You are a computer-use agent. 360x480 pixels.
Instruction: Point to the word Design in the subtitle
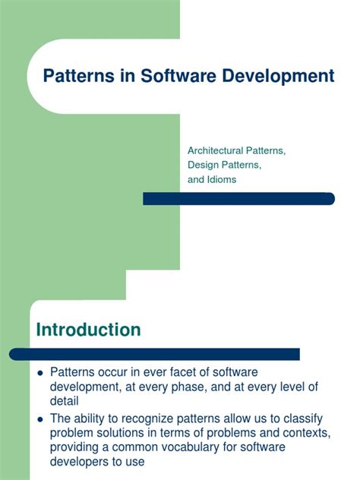tap(202, 165)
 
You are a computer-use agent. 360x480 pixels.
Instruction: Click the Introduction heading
tap(88, 330)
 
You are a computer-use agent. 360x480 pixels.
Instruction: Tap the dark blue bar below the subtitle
tap(238, 198)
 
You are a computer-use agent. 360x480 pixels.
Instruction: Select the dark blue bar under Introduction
tap(155, 354)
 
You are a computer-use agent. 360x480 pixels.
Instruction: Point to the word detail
tap(65, 401)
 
